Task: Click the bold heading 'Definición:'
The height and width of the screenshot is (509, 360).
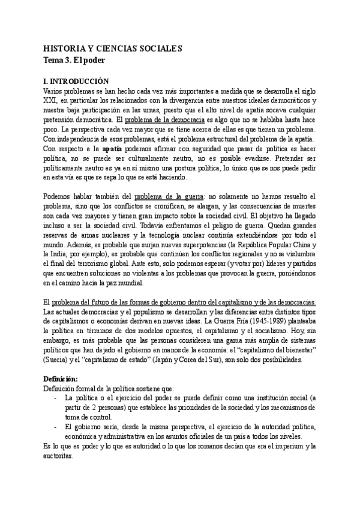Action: [x=61, y=379]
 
